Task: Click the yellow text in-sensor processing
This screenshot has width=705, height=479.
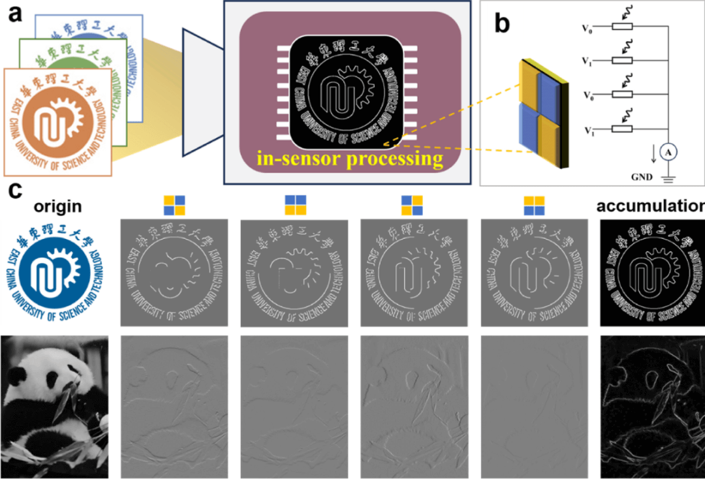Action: [349, 158]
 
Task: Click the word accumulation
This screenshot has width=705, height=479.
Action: [650, 207]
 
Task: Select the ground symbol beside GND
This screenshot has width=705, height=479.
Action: [669, 175]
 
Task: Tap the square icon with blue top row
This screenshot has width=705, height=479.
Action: [294, 205]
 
